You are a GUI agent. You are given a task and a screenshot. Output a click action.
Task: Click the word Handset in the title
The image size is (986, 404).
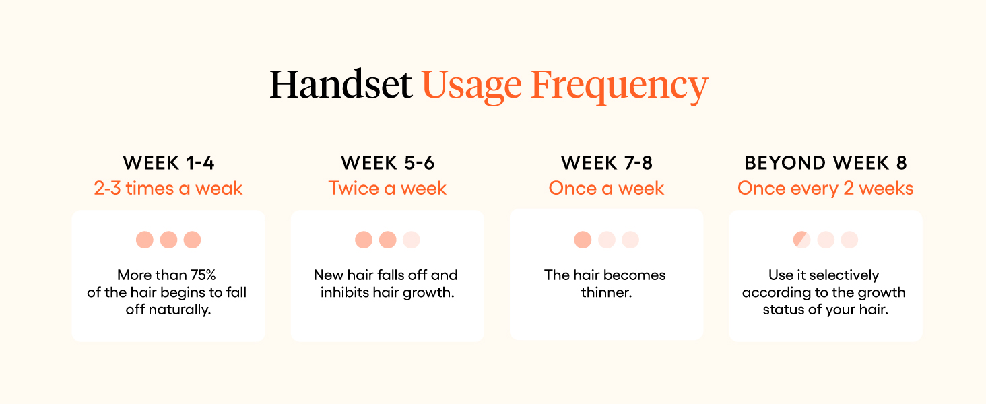pyautogui.click(x=341, y=86)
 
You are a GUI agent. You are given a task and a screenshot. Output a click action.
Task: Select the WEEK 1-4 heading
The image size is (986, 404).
pyautogui.click(x=168, y=163)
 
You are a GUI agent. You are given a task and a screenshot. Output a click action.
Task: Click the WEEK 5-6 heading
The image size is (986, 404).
pyautogui.click(x=387, y=163)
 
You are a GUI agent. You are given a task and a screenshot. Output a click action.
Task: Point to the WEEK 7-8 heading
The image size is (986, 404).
pyautogui.click(x=607, y=163)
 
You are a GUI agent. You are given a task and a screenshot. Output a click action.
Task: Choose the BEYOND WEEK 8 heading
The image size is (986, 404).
pyautogui.click(x=826, y=163)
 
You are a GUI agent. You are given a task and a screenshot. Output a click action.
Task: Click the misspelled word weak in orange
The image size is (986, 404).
pyautogui.click(x=219, y=189)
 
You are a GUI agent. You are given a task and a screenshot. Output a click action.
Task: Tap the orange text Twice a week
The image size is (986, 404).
pyautogui.click(x=387, y=189)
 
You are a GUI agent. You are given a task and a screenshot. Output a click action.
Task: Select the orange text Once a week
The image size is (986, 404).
pyautogui.click(x=607, y=189)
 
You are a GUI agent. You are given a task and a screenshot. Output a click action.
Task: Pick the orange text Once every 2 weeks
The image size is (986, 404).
pyautogui.click(x=826, y=189)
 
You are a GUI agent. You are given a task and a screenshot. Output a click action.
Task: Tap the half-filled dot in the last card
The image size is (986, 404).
pyautogui.click(x=801, y=240)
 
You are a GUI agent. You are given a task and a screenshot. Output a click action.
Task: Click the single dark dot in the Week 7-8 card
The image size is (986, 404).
pyautogui.click(x=583, y=240)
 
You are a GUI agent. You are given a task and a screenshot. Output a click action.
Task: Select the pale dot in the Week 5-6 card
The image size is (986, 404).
pyautogui.click(x=412, y=240)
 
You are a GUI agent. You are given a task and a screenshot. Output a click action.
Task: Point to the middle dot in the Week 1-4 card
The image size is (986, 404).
pyautogui.click(x=168, y=240)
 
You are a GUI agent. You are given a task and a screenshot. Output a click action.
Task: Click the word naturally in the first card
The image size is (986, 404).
pyautogui.click(x=183, y=310)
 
